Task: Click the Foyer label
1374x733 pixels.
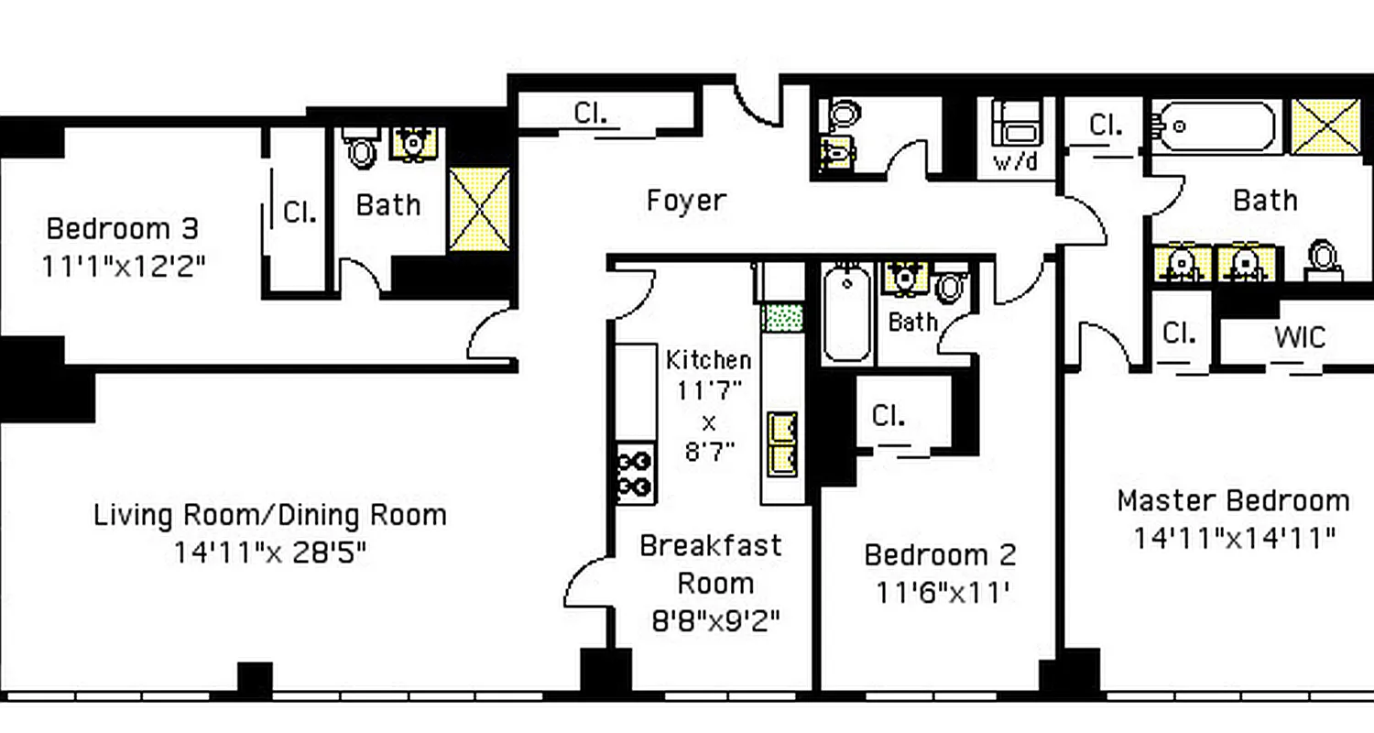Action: click(686, 201)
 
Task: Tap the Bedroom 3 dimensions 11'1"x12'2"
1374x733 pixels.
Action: click(123, 267)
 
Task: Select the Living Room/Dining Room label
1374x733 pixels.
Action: click(270, 515)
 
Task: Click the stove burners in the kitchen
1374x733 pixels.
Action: click(634, 474)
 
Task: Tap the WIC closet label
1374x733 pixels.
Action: click(1299, 336)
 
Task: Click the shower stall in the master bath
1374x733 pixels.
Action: click(1325, 126)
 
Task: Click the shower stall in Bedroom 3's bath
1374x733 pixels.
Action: click(479, 210)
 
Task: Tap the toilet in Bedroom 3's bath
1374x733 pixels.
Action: click(364, 150)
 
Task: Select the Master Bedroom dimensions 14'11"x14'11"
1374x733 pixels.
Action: click(1234, 538)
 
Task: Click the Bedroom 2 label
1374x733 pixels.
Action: click(940, 554)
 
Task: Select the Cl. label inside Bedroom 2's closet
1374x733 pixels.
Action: click(889, 416)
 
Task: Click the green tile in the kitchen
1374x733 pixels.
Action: click(782, 318)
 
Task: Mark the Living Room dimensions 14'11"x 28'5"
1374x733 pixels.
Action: click(270, 552)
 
